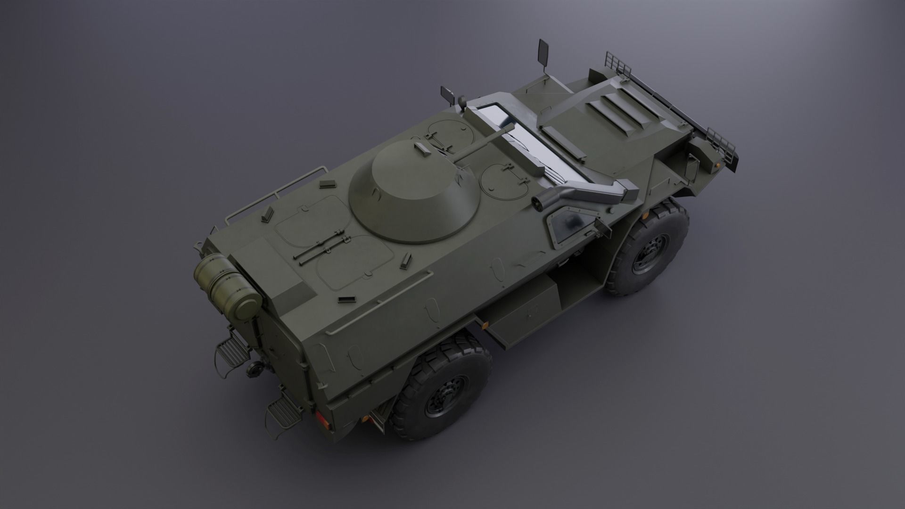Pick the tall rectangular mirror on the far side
click(x=543, y=51)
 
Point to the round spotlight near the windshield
click(x=461, y=101)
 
